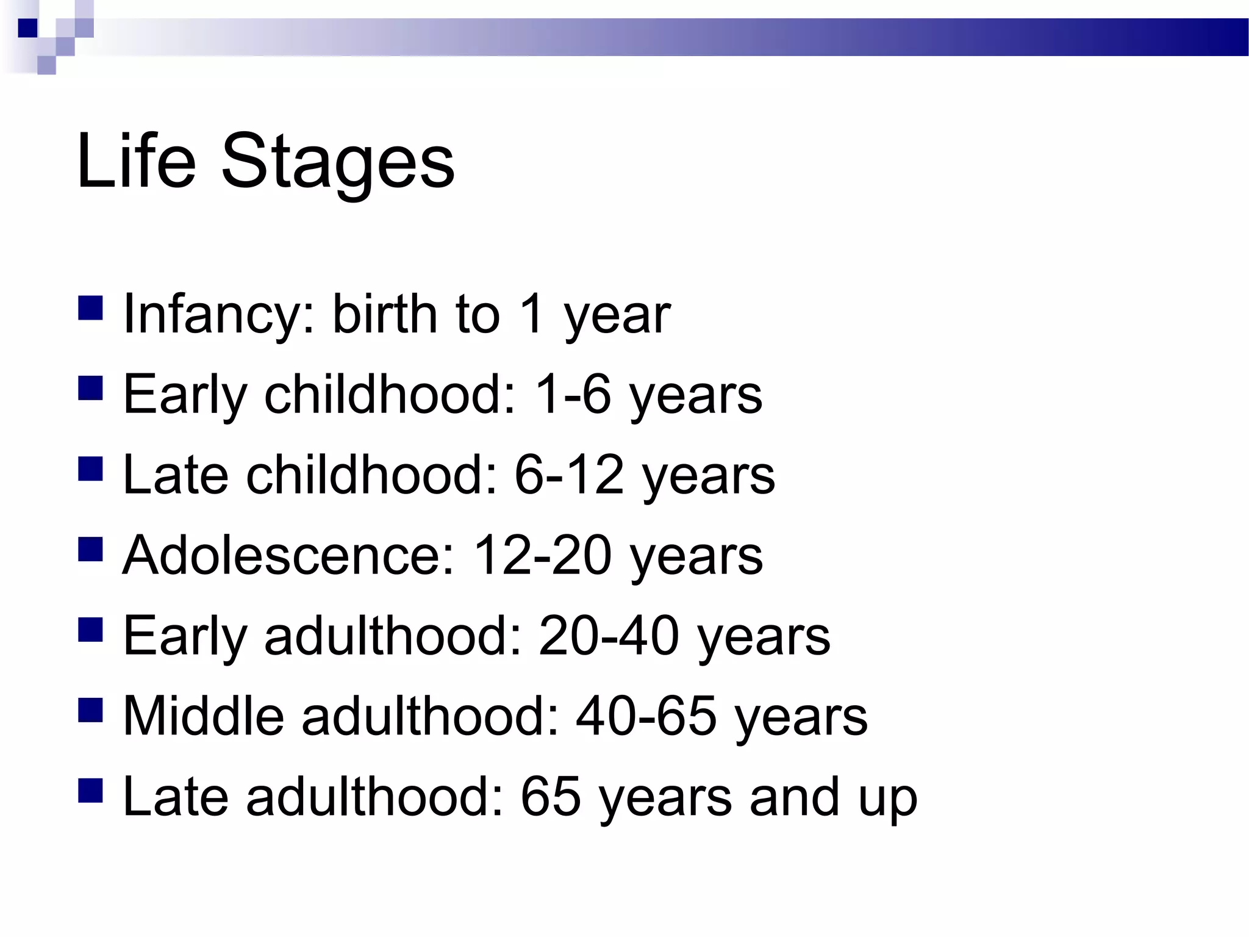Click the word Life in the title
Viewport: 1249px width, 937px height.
click(x=136, y=161)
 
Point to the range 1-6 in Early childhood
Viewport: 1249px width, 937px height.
click(x=572, y=395)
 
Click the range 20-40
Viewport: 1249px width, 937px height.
click(x=609, y=636)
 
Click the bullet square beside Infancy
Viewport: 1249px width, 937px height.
click(x=90, y=308)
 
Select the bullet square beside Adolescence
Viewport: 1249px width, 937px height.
click(x=90, y=548)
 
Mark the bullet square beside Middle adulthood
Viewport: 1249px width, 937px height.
click(x=90, y=709)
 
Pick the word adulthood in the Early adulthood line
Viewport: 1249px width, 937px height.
click(x=393, y=636)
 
